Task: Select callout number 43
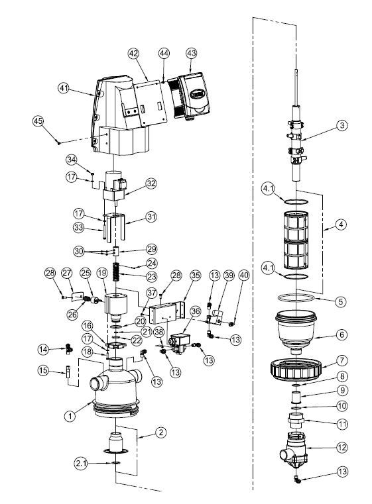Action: [191, 52]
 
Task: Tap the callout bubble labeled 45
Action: [38, 121]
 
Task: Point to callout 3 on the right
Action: [341, 124]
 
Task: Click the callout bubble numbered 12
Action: [341, 448]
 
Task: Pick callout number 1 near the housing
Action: [67, 417]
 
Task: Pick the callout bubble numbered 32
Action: [151, 183]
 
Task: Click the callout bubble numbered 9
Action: [341, 390]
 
